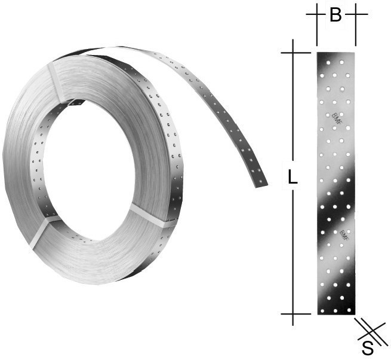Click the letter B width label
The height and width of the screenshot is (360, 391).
(x=335, y=15)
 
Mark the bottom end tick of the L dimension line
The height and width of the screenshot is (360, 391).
(x=293, y=313)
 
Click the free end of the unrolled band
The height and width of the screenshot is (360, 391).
(x=261, y=183)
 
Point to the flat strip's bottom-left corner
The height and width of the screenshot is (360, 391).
(x=317, y=314)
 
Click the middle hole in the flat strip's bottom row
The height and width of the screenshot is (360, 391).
(x=335, y=310)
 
